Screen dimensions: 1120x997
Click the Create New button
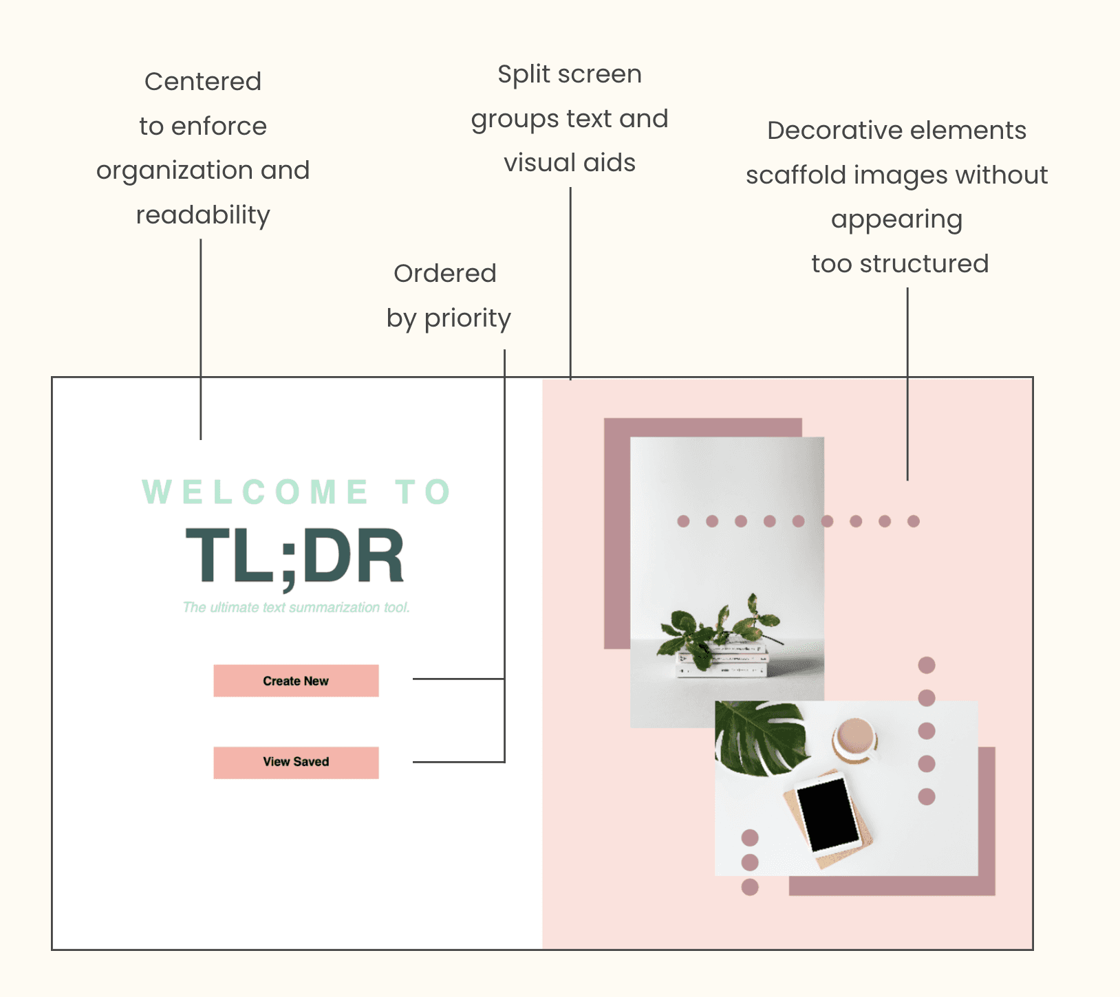pyautogui.click(x=296, y=681)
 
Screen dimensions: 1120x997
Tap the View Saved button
pyautogui.click(x=296, y=763)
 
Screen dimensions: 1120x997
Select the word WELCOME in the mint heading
pyautogui.click(x=255, y=492)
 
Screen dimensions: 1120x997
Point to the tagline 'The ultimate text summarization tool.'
pyautogui.click(x=296, y=608)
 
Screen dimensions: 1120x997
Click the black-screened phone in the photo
pyautogui.click(x=828, y=815)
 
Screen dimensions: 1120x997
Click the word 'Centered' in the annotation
pyautogui.click(x=203, y=82)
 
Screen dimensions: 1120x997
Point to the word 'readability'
pyautogui.click(x=203, y=215)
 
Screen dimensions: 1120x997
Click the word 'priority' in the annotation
pyautogui.click(x=467, y=318)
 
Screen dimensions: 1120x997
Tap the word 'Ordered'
pyautogui.click(x=445, y=274)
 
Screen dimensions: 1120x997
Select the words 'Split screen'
pyautogui.click(x=570, y=74)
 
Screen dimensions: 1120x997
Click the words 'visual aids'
pyautogui.click(x=570, y=163)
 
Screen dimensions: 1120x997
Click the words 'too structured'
pyautogui.click(x=900, y=264)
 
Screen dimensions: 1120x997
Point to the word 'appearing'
pyautogui.click(x=897, y=220)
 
